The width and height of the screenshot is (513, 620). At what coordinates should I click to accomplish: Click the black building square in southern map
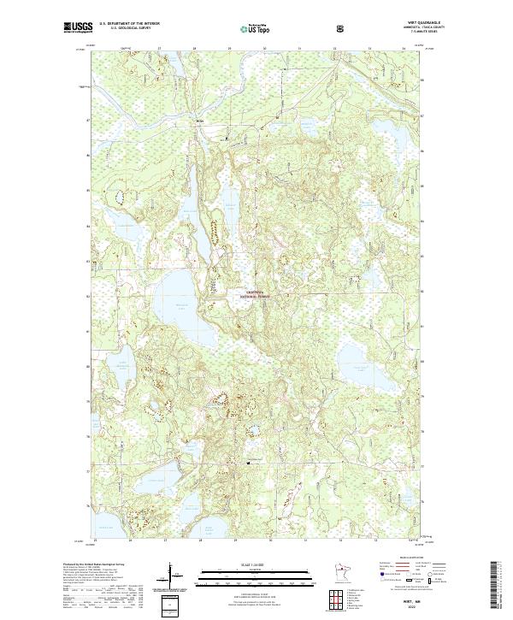click(x=249, y=463)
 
